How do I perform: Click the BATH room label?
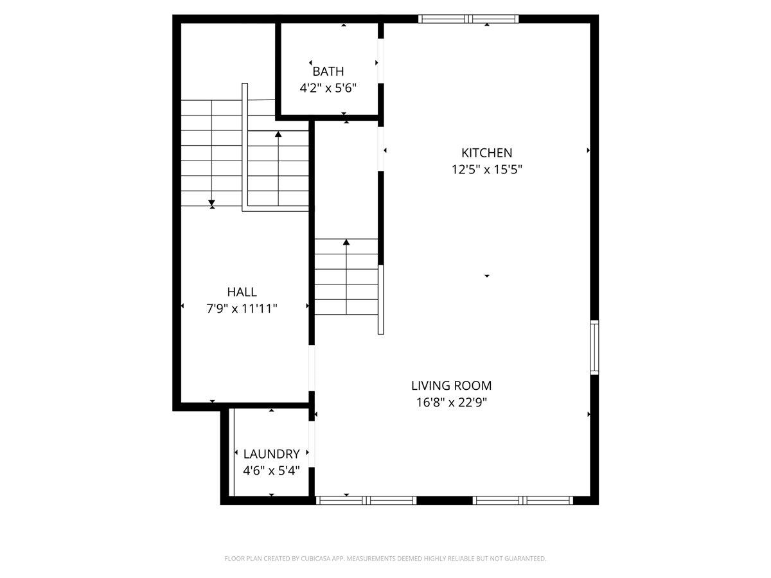328,71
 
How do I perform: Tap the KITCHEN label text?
486,153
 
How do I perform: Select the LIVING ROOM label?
451,385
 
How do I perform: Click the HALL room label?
242,292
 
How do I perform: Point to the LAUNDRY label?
271,453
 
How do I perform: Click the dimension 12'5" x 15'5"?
486,170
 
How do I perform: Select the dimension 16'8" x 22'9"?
451,403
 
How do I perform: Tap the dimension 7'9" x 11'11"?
242,309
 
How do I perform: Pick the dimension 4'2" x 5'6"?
328,88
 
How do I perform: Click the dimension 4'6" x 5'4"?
271,470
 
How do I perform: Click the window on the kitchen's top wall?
468,19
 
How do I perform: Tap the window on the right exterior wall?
594,347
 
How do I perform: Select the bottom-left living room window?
367,500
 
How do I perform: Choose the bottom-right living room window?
523,500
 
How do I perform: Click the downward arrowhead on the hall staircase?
212,204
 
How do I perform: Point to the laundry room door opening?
312,444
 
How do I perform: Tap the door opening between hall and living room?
312,369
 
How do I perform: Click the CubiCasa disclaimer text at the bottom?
385,559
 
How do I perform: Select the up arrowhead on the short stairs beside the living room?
346,242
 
